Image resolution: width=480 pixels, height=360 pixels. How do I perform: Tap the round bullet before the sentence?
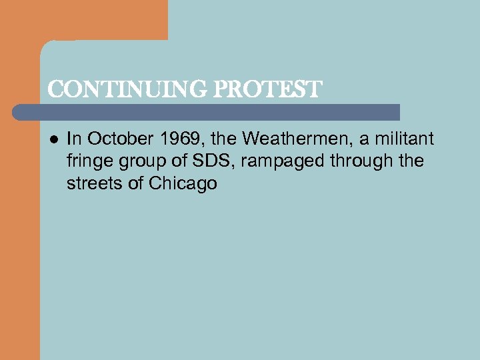click(x=54, y=139)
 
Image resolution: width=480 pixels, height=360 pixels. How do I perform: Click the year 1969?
click(x=179, y=139)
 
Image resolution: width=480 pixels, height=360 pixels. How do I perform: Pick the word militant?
click(x=405, y=139)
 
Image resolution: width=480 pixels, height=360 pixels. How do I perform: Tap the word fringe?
click(x=88, y=161)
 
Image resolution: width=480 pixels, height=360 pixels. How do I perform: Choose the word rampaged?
click(x=279, y=161)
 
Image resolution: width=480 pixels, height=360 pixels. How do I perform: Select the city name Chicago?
click(x=183, y=183)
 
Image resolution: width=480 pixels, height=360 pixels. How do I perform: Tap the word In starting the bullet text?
click(x=74, y=139)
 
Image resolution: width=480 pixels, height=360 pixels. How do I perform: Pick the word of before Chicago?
click(x=136, y=183)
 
